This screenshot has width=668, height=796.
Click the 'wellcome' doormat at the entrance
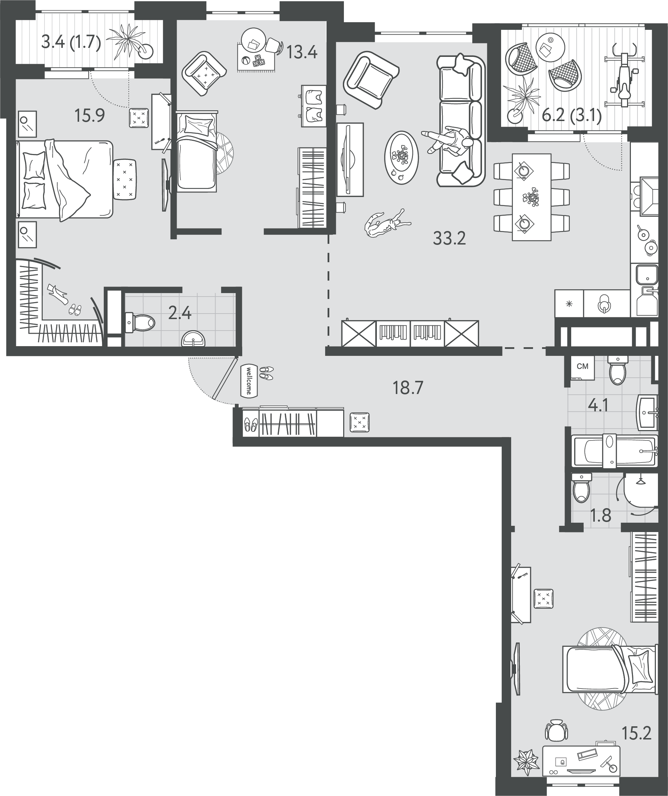coord(249,381)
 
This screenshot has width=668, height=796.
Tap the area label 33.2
coord(449,238)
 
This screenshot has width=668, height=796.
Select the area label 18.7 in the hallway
coord(408,388)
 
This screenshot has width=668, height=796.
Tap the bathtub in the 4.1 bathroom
coord(614,451)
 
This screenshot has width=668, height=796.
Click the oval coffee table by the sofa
coord(401,158)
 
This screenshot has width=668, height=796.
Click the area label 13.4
coord(302,52)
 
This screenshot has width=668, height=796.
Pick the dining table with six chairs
coord(531,197)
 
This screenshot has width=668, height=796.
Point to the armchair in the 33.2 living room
coord(371,80)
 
